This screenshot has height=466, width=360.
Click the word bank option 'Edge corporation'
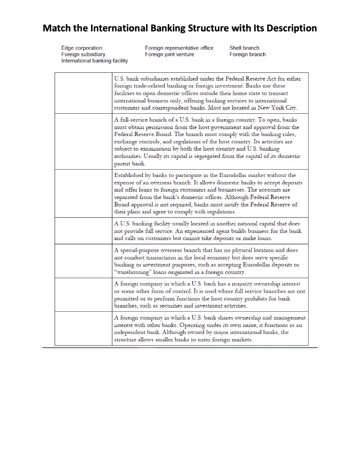click(x=82, y=48)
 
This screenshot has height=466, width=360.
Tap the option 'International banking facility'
click(x=94, y=61)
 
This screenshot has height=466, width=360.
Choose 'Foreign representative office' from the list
click(x=179, y=48)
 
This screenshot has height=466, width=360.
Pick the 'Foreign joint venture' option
click(x=169, y=54)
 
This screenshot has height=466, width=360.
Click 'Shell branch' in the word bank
click(x=244, y=48)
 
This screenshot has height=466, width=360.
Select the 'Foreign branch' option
click(x=248, y=54)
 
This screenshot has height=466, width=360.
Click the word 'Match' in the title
click(x=56, y=28)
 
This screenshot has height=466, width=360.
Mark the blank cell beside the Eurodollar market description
click(x=83, y=193)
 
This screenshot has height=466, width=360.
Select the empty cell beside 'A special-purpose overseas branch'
click(x=83, y=261)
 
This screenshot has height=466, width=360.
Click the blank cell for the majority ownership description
click(x=83, y=294)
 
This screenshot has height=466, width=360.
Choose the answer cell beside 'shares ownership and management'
click(x=83, y=328)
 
